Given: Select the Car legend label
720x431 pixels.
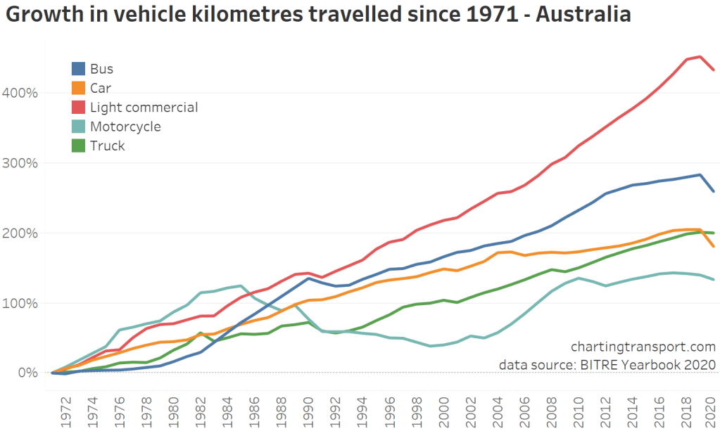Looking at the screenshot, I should point(101,89).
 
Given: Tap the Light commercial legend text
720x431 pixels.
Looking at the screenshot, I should point(144,108).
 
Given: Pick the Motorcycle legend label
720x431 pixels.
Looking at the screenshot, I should point(125,127).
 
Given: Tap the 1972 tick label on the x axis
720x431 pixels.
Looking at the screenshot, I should point(66,407).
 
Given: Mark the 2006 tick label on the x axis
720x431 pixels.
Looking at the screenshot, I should point(525,407).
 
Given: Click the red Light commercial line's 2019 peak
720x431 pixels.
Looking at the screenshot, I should point(700,57).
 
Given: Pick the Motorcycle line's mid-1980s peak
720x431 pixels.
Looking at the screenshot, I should point(241,286).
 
